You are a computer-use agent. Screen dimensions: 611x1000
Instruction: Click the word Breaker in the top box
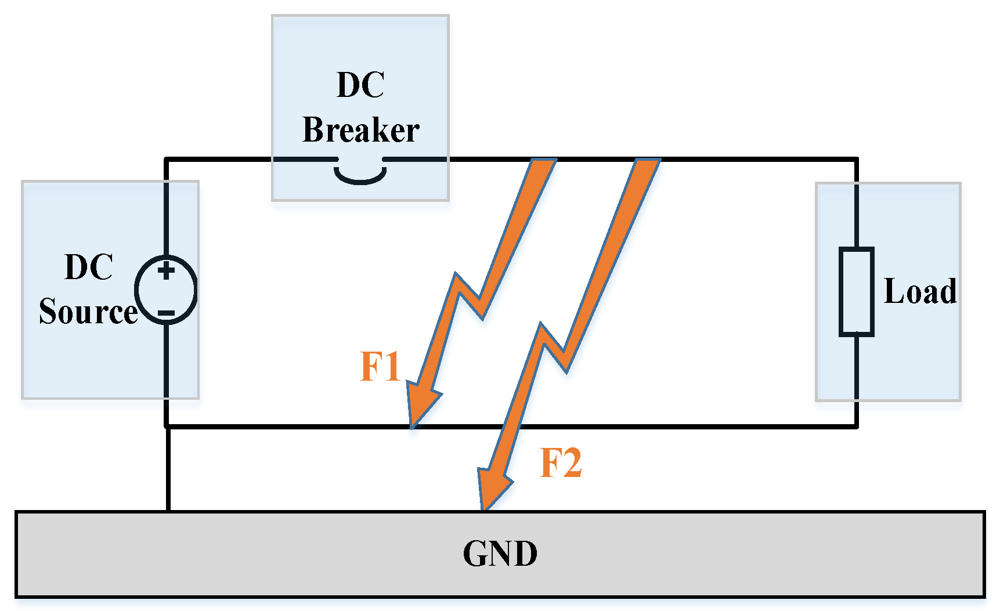click(x=360, y=129)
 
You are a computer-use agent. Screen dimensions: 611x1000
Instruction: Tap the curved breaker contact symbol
click(x=360, y=176)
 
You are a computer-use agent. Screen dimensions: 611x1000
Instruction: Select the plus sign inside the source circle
click(x=166, y=270)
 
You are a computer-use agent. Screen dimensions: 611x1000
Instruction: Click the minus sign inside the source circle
click(x=166, y=313)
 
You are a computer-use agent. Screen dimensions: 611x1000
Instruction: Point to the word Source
click(x=88, y=312)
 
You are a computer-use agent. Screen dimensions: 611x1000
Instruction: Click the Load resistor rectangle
click(x=856, y=291)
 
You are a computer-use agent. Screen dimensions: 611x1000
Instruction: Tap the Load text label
click(x=920, y=291)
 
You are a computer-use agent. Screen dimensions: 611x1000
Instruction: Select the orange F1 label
click(x=380, y=367)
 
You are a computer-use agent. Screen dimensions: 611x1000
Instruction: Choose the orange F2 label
click(x=560, y=463)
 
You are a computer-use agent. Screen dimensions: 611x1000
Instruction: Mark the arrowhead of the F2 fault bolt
click(x=491, y=487)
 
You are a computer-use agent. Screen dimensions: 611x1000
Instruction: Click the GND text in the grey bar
click(x=500, y=554)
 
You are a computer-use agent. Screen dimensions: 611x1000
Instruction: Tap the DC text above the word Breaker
click(x=360, y=85)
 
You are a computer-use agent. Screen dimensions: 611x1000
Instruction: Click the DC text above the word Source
click(x=88, y=267)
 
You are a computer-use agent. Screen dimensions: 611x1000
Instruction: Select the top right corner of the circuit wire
click(x=856, y=159)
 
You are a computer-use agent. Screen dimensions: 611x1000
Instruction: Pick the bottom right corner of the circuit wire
click(x=856, y=426)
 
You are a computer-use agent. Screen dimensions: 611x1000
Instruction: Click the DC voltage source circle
click(x=166, y=290)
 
